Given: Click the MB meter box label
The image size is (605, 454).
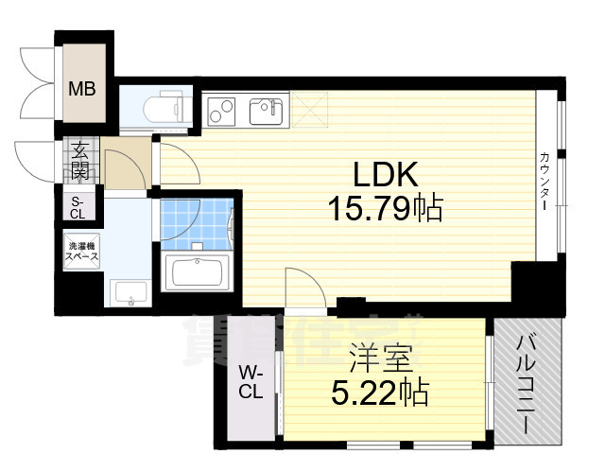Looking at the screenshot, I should [80, 91].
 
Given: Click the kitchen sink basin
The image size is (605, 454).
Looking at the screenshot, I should [267, 111].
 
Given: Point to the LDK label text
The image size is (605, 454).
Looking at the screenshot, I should [385, 175].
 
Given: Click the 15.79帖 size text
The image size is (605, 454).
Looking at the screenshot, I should [385, 207].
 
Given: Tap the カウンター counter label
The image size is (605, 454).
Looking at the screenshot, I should [546, 181].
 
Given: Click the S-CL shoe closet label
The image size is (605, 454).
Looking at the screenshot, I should [78, 207].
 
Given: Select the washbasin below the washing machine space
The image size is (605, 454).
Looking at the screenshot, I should [129, 294].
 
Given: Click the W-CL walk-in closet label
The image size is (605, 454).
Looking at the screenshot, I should [250, 382].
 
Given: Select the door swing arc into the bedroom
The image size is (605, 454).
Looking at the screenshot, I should [302, 284].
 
